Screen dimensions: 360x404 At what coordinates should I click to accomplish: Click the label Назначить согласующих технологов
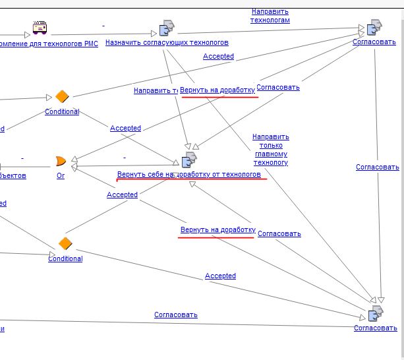pos(167,43)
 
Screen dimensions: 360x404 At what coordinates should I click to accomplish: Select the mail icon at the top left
pos(40,28)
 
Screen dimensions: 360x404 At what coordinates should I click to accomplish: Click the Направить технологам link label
pos(270,16)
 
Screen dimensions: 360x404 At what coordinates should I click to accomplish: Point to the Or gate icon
pos(61,162)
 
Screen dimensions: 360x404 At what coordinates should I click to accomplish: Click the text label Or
pos(61,176)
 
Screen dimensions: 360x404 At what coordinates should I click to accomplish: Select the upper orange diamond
pos(62,97)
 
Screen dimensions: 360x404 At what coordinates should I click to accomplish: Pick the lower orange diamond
pos(65,244)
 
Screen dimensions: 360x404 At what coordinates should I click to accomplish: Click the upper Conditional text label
pos(62,112)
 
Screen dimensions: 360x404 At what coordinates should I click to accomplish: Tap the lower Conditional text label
pos(65,259)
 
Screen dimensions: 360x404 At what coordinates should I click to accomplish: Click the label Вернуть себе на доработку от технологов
pos(189,175)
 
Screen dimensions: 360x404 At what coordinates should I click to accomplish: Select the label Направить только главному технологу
pos(270,150)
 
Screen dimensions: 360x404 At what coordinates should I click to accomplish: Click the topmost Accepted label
pos(218,57)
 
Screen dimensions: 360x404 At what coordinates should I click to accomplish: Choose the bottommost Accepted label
pos(220,276)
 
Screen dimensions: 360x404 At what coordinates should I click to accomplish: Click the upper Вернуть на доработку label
pos(217,90)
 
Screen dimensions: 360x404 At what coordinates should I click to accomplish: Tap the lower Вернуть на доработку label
pos(217,230)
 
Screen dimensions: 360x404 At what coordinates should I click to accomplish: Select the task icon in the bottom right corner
pos(376,313)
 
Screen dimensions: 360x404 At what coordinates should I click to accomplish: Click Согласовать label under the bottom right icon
pos(375,328)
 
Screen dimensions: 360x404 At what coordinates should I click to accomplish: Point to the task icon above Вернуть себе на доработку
pos(188,160)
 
